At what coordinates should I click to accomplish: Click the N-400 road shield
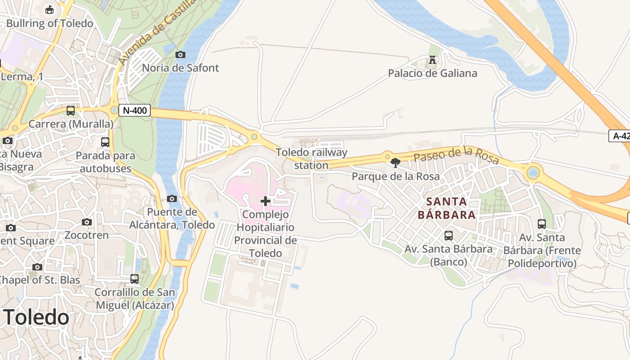click(x=135, y=110)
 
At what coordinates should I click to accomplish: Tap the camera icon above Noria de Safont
click(x=180, y=54)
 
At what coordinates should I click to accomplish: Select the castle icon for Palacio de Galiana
click(x=432, y=60)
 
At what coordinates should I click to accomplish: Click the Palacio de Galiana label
click(x=432, y=73)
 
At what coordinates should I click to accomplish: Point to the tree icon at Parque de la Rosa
click(x=396, y=162)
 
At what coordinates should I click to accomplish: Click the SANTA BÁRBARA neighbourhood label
click(x=446, y=208)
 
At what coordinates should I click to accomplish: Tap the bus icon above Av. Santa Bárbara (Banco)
click(x=448, y=235)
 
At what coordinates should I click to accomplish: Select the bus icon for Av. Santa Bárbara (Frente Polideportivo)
click(x=542, y=224)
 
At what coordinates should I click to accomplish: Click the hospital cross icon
click(x=265, y=201)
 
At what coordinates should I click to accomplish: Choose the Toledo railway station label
click(x=311, y=159)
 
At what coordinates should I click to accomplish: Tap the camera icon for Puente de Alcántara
click(x=171, y=198)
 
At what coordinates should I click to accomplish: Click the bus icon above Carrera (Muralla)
click(x=71, y=110)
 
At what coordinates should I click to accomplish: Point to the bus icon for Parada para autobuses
click(x=105, y=142)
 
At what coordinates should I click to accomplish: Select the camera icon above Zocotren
click(x=87, y=222)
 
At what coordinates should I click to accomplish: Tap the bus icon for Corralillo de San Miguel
click(x=135, y=279)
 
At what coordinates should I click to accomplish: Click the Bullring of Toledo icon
click(x=49, y=9)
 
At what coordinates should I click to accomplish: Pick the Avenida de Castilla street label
click(x=157, y=31)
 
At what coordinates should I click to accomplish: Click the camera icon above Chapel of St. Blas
click(x=37, y=267)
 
